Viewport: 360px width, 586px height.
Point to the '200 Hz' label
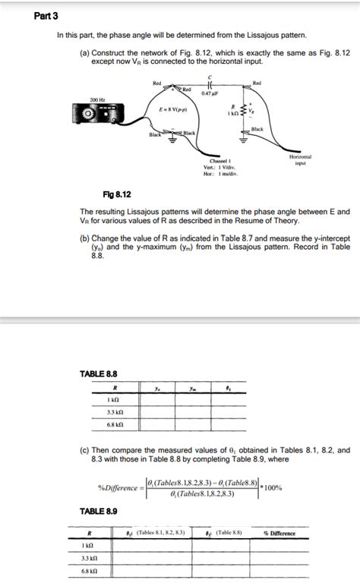[x=96, y=99]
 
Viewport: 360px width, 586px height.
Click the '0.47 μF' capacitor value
[x=210, y=95]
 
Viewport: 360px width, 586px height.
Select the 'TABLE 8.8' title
[x=99, y=373]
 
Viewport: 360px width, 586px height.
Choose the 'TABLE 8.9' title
[x=99, y=512]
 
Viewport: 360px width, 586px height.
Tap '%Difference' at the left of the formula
[x=117, y=487]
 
